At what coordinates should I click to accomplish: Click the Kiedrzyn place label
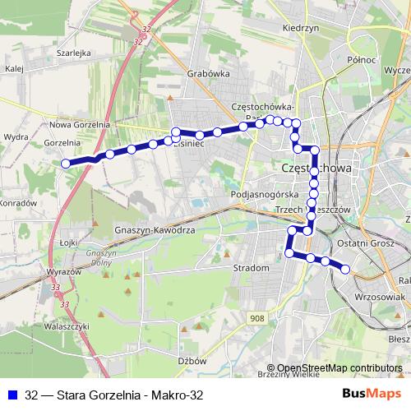click(299, 27)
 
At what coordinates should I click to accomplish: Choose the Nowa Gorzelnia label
click(80, 125)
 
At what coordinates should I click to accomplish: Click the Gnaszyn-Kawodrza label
click(155, 230)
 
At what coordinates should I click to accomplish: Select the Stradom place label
click(252, 268)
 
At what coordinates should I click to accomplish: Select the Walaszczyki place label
click(67, 326)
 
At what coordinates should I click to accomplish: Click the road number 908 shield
click(258, 317)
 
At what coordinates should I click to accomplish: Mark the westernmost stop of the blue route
click(66, 163)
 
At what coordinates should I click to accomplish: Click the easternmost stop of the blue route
click(345, 269)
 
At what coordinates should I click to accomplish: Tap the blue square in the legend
click(12, 395)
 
